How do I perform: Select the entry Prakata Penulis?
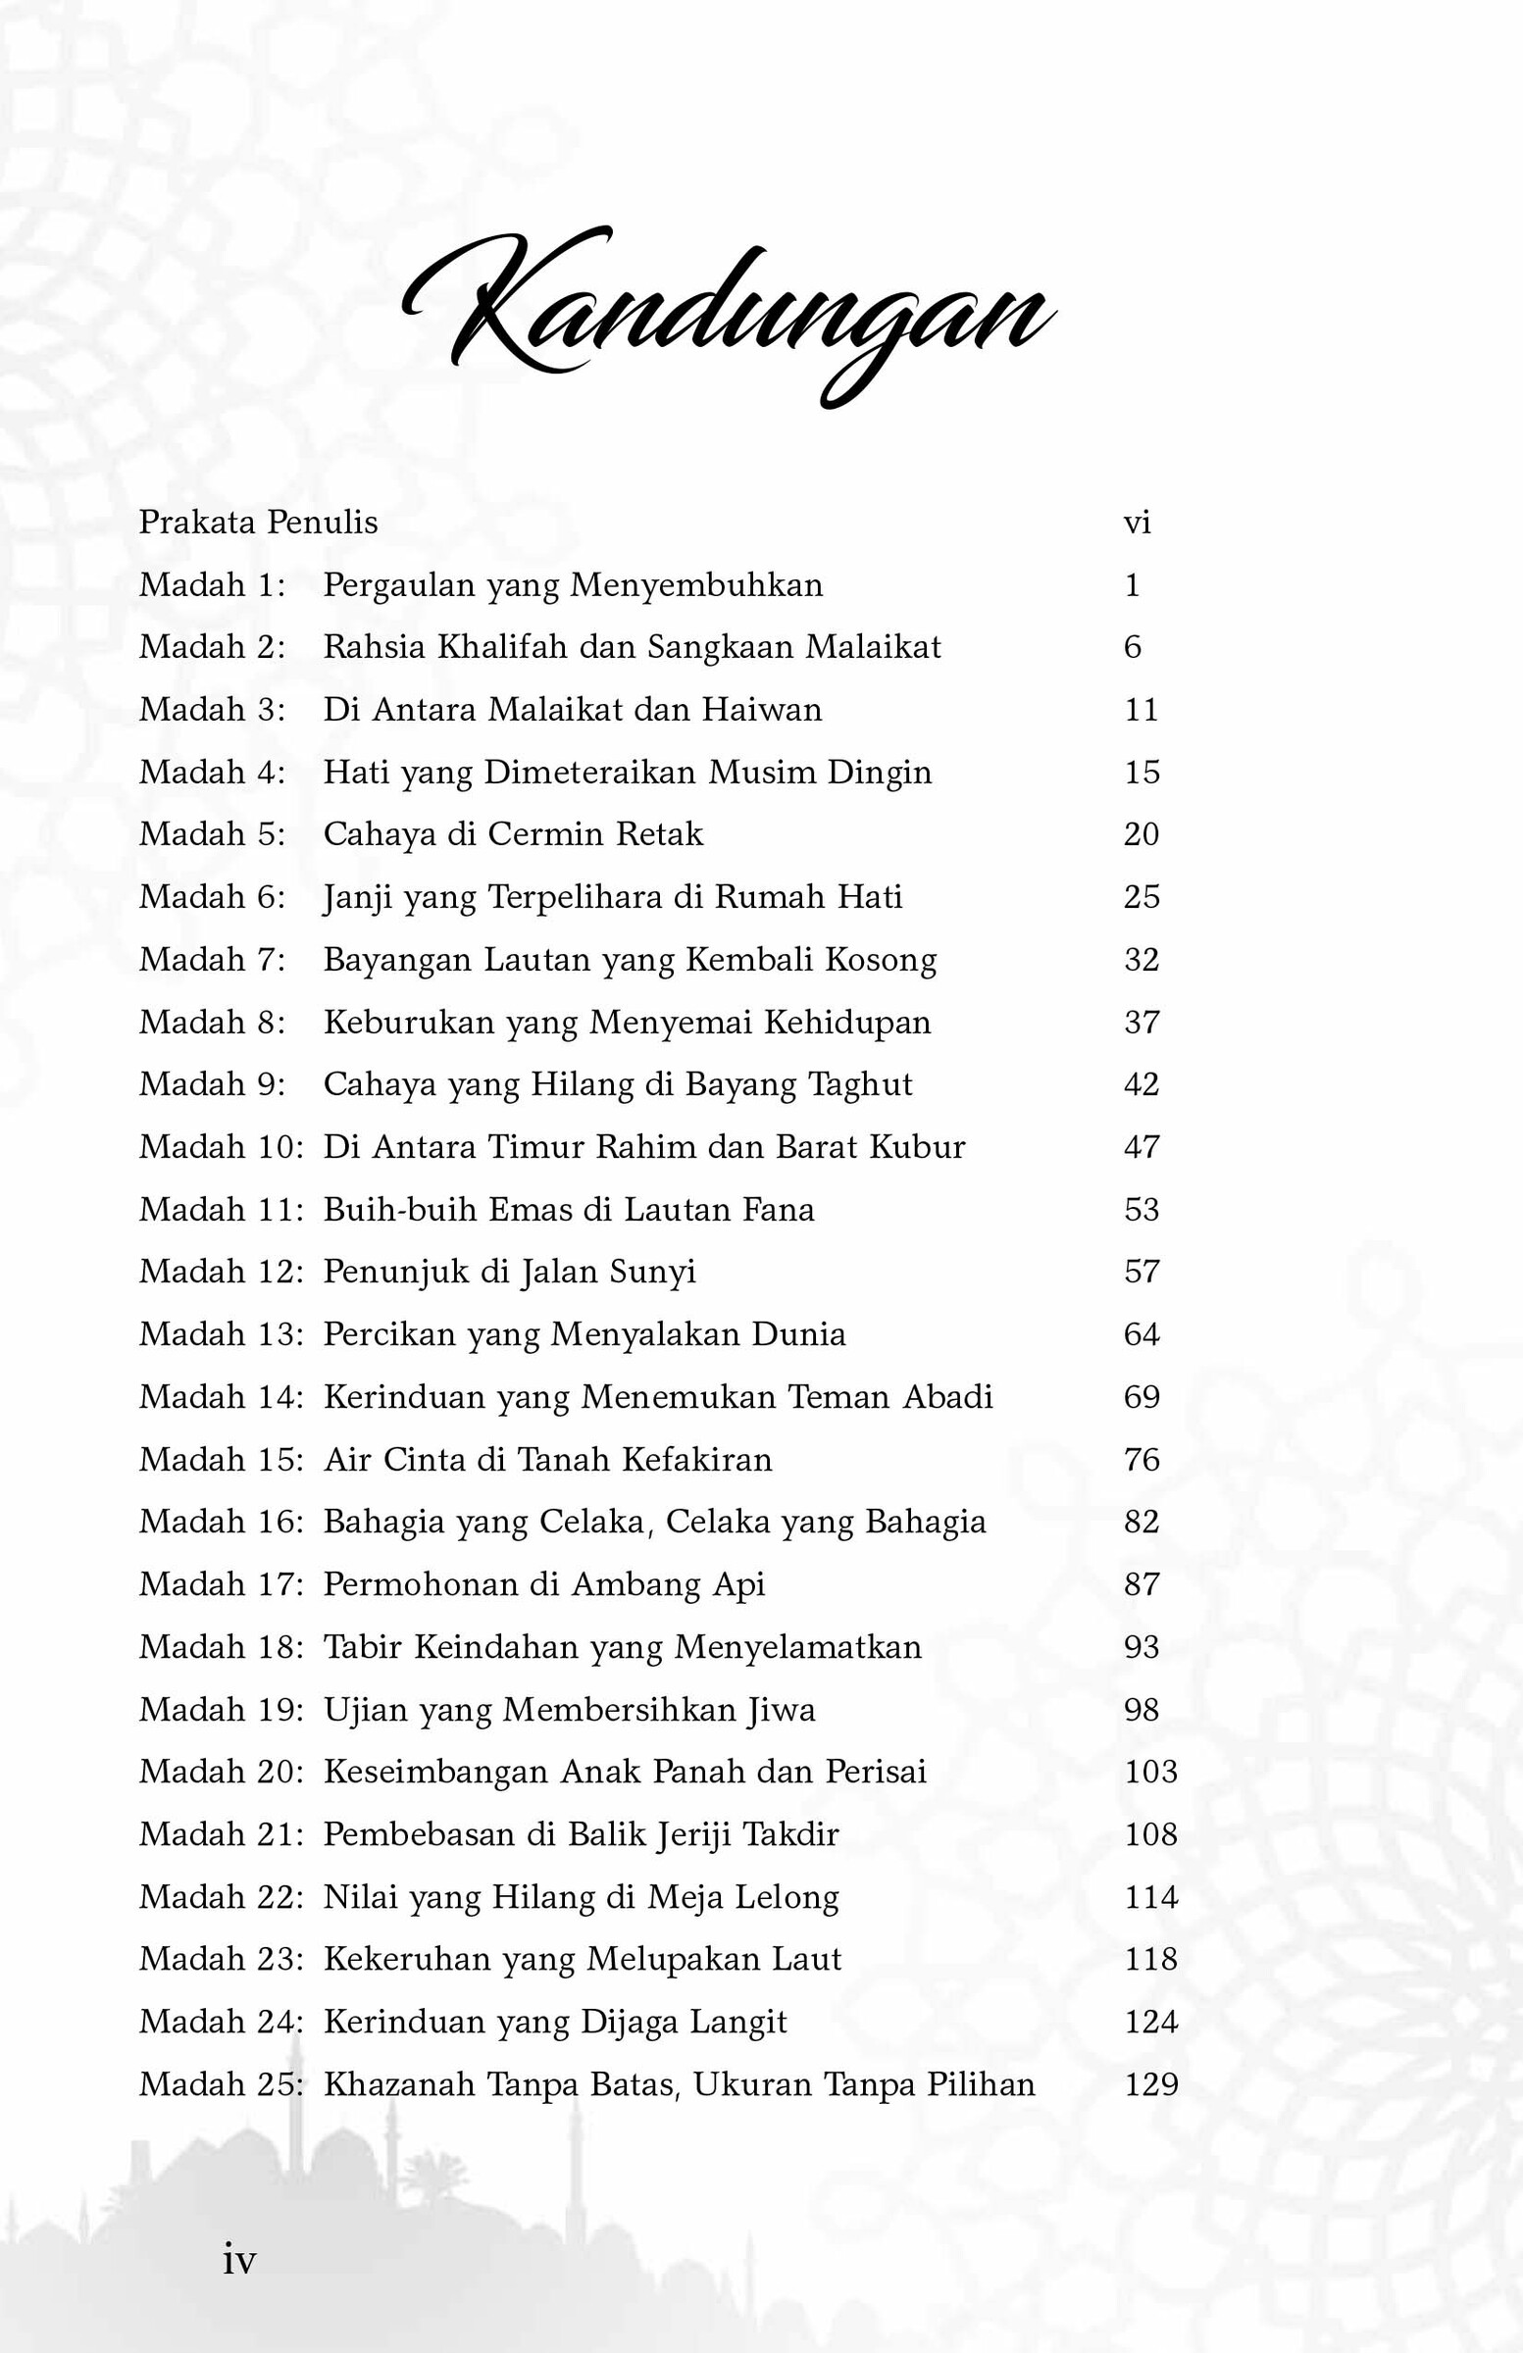(258, 522)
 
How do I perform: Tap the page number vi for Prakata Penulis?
(1137, 522)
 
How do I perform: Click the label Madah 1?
(212, 584)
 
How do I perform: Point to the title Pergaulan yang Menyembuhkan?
(573, 584)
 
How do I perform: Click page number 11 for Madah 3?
(1141, 710)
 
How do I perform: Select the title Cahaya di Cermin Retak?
(512, 834)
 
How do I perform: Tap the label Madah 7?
(212, 959)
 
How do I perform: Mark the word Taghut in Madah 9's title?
(860, 1084)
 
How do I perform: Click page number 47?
(1142, 1147)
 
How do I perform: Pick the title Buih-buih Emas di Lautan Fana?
(569, 1209)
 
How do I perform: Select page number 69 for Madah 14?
(1142, 1397)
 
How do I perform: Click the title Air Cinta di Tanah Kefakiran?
(547, 1459)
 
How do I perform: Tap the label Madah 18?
(221, 1647)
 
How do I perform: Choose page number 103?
(1150, 1772)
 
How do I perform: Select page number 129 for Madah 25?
(1150, 2084)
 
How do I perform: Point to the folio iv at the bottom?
(239, 2261)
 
